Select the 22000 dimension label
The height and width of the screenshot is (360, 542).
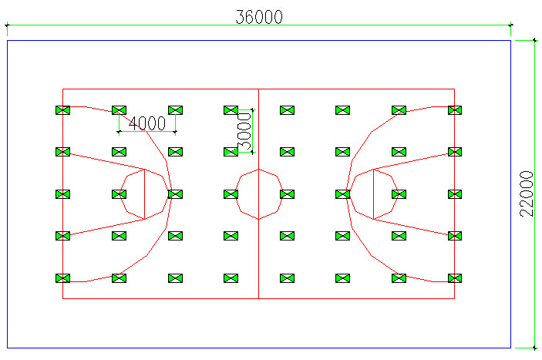click(x=527, y=193)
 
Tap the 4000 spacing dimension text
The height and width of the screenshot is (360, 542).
click(x=146, y=123)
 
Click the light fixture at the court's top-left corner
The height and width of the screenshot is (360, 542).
click(x=62, y=110)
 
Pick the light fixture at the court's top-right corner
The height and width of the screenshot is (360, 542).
click(x=455, y=110)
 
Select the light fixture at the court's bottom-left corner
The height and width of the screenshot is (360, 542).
click(x=62, y=278)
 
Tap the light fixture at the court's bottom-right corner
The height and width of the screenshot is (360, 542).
click(x=455, y=278)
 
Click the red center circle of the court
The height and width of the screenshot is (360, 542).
click(x=258, y=170)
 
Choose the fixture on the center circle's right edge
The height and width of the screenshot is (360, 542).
click(x=287, y=194)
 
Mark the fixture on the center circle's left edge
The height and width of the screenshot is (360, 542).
click(x=231, y=194)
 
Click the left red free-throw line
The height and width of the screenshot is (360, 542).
click(x=145, y=193)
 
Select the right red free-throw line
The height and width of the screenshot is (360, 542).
click(x=373, y=193)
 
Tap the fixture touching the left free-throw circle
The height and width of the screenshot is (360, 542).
click(x=174, y=194)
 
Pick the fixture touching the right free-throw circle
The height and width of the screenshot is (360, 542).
click(x=343, y=194)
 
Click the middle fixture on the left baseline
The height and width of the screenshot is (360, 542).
click(x=62, y=194)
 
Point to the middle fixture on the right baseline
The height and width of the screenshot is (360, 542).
click(x=455, y=194)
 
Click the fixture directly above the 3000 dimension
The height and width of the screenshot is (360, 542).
click(x=231, y=110)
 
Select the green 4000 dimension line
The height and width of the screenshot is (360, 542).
click(x=146, y=132)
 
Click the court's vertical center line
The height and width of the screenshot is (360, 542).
click(x=258, y=247)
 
